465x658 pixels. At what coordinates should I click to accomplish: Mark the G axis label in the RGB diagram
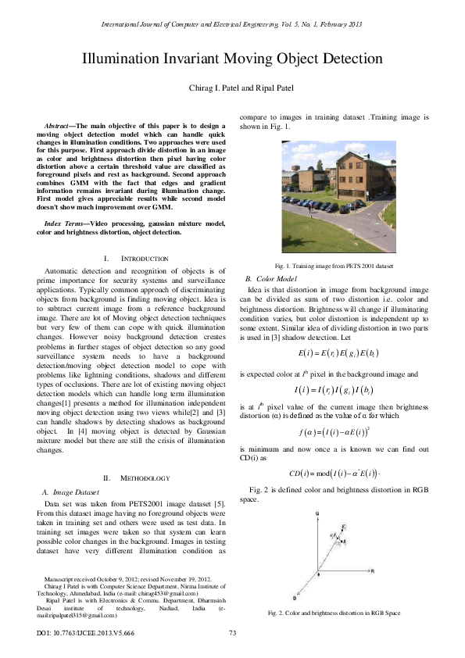coord(317,513)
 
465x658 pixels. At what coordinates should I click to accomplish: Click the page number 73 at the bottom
coord(232,632)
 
